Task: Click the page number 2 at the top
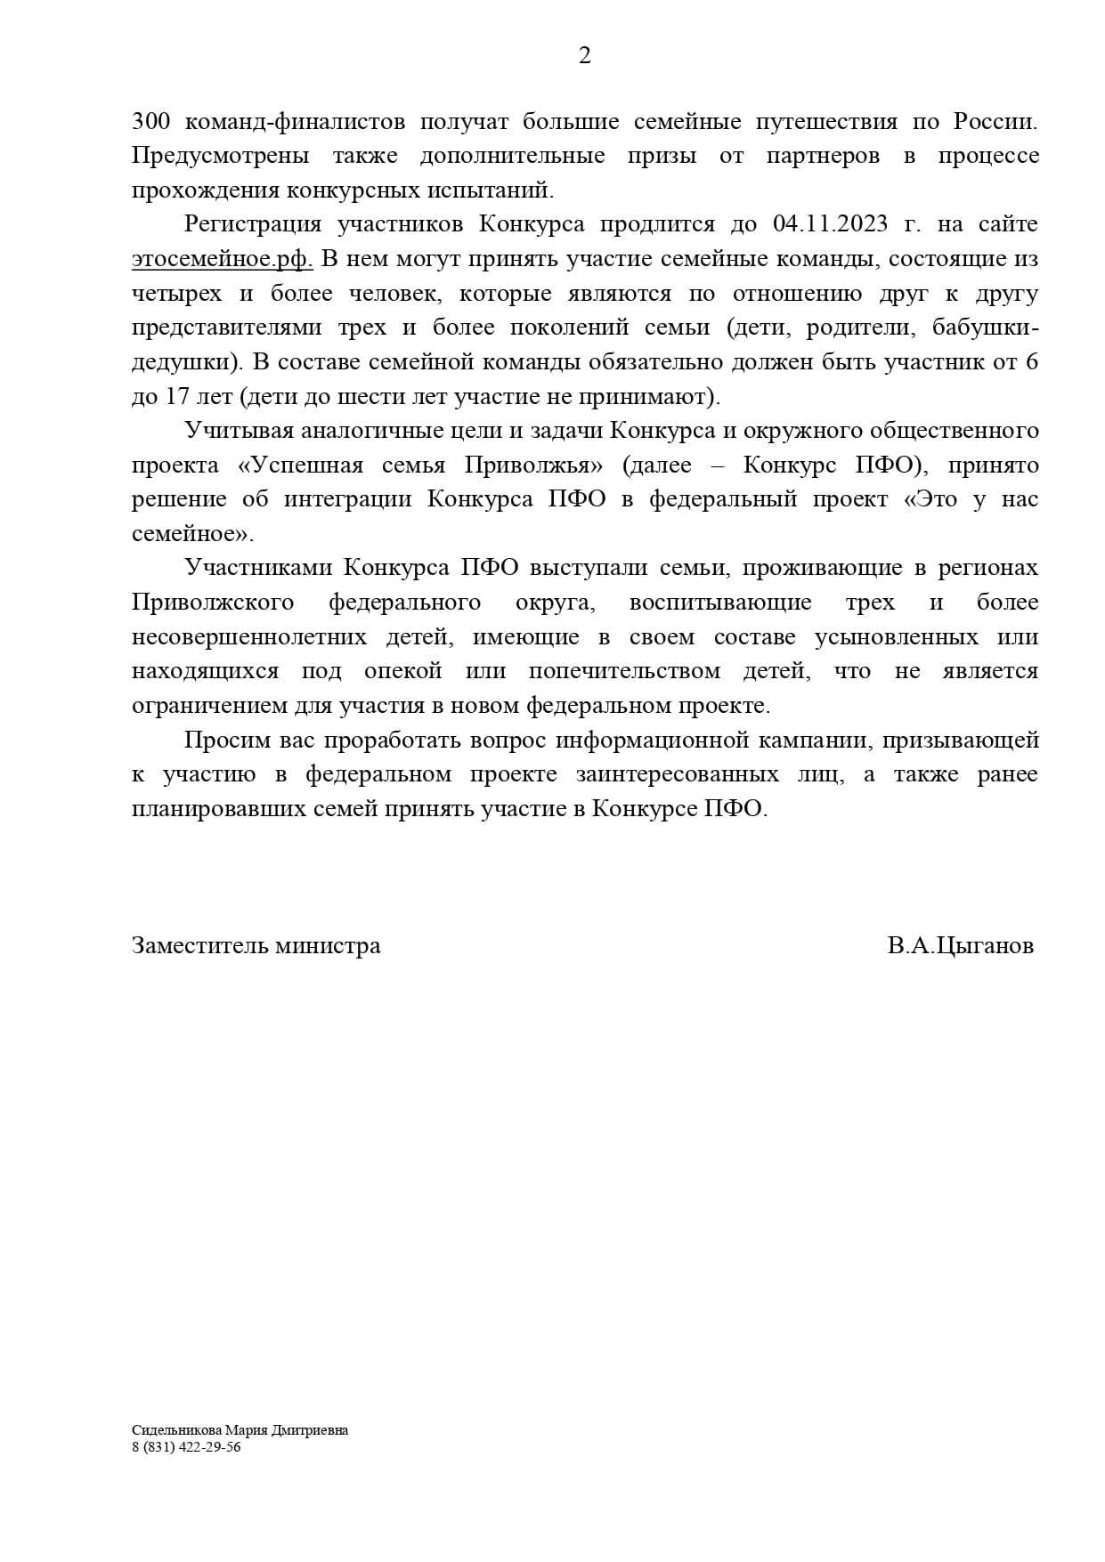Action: point(584,56)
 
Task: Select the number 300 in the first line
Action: point(150,121)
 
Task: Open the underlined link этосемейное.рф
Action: point(222,259)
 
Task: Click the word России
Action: point(995,121)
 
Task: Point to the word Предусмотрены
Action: point(220,156)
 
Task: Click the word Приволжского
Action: point(213,603)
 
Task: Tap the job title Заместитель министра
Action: point(256,945)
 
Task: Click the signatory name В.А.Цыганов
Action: point(960,945)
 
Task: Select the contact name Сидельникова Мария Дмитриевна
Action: point(240,1430)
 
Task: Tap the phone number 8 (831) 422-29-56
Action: point(185,1447)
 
